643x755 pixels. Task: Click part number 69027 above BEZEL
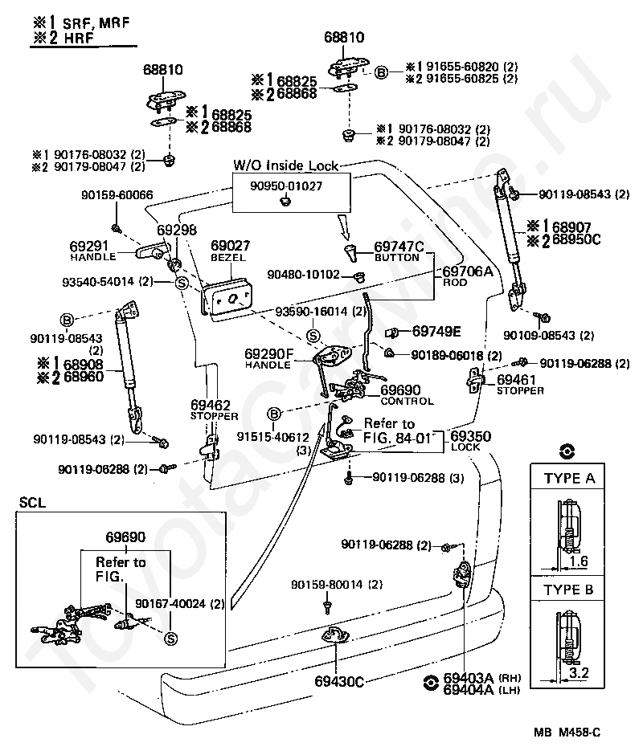coord(231,246)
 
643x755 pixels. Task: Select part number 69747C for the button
coord(399,247)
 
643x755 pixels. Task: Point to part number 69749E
coord(436,331)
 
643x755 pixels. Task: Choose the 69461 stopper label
coord(516,379)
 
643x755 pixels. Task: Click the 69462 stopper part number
coord(210,405)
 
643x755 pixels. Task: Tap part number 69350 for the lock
coord(470,436)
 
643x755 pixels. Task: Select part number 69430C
coord(339,681)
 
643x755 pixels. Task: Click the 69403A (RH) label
coord(482,678)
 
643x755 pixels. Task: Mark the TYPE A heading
coord(569,478)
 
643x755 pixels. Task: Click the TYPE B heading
coord(568,590)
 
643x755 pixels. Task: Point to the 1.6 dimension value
coord(579,561)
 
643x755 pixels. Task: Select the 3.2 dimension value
coord(579,672)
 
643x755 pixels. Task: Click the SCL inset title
coord(32,503)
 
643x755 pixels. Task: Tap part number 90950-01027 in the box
coord(286,186)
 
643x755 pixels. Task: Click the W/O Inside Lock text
coord(286,165)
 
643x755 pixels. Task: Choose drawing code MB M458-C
coord(567,733)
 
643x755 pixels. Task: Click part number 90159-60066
coord(117,195)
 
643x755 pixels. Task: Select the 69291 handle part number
coord(89,246)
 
